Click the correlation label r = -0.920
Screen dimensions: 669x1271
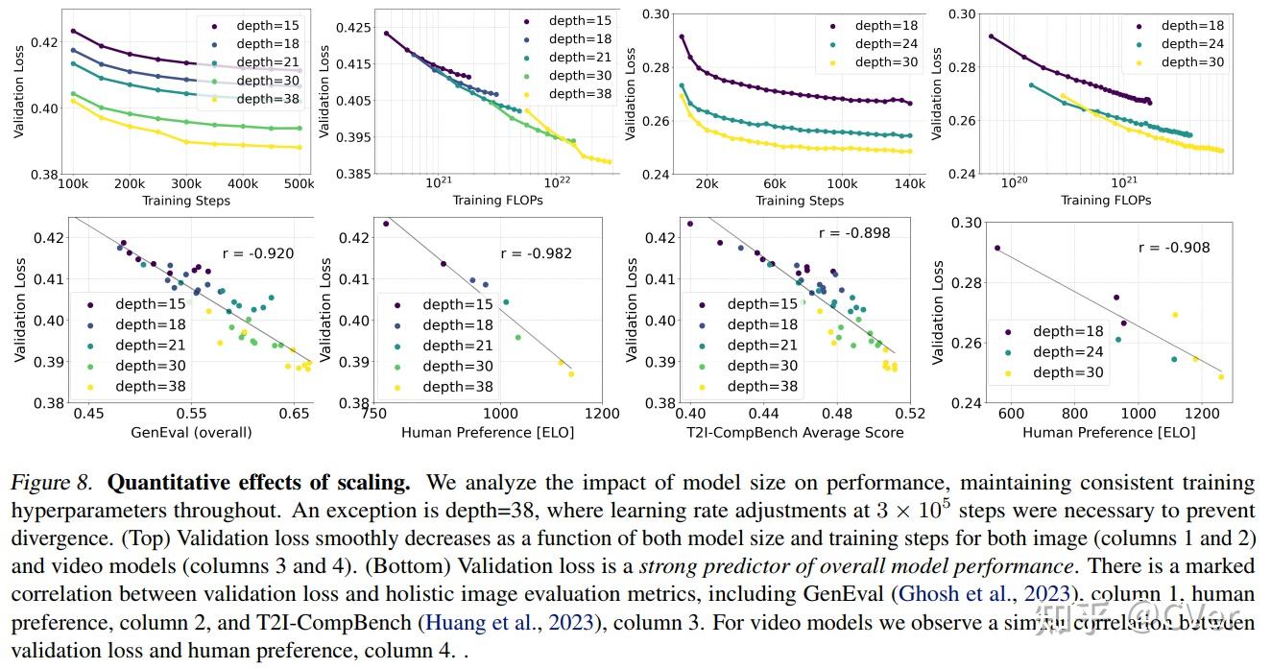click(x=254, y=254)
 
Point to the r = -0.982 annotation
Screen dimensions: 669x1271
click(x=537, y=253)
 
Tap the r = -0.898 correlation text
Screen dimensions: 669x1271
click(x=854, y=232)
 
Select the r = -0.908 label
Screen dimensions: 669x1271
click(x=1174, y=247)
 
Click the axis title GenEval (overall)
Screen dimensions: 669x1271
click(x=191, y=432)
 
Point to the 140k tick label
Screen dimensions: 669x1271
click(x=909, y=183)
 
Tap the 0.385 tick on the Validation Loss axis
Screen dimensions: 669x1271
click(x=356, y=174)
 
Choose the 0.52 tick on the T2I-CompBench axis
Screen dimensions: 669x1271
click(x=910, y=413)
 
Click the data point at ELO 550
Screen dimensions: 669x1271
click(x=997, y=248)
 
